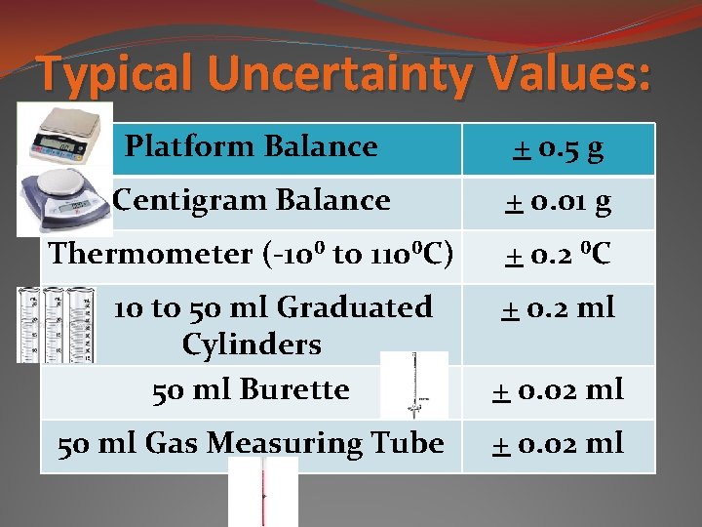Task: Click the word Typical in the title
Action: click(118, 73)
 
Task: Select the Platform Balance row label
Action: click(252, 146)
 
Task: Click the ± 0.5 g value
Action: click(559, 148)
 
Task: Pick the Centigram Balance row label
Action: click(252, 200)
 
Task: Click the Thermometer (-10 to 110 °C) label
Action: click(252, 254)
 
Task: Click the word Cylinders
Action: click(252, 345)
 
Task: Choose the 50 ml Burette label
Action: click(252, 389)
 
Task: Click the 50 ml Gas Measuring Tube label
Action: click(252, 444)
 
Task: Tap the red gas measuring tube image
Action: click(263, 493)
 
